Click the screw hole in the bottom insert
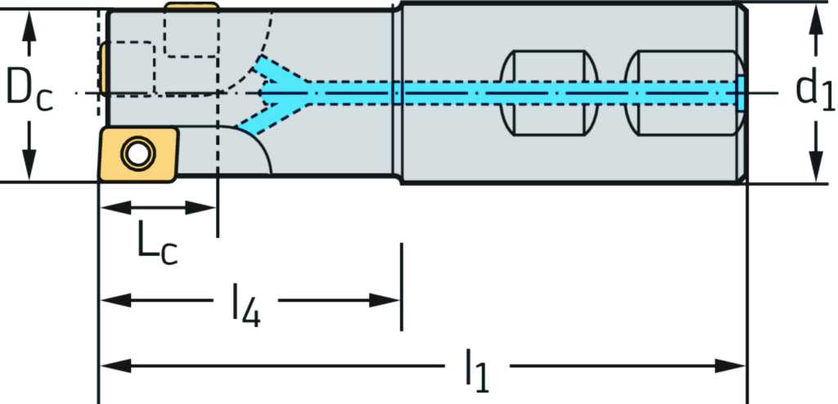point(134,151)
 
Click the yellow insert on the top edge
point(191,7)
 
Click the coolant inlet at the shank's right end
point(741,92)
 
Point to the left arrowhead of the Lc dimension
point(108,207)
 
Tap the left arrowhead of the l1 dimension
point(110,365)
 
